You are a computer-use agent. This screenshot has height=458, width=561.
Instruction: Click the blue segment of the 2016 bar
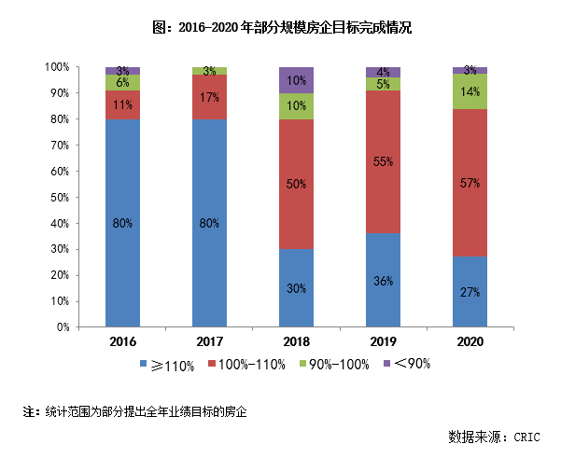coord(122,223)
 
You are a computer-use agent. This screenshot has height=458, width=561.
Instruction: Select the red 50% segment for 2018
coord(296,185)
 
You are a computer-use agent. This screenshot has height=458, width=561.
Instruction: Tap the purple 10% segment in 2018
coord(296,80)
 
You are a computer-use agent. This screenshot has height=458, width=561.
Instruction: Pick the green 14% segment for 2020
coord(470,91)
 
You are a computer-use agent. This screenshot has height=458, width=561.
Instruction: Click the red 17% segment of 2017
coord(209,97)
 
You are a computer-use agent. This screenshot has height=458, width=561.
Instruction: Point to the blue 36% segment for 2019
coord(383,280)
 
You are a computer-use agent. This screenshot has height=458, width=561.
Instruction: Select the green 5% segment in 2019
coord(383,84)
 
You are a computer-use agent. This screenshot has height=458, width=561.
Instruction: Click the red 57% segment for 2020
coord(470,183)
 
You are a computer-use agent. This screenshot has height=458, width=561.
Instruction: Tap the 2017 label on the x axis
coord(209,340)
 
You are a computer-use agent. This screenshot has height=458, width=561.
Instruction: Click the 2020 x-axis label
coord(470,340)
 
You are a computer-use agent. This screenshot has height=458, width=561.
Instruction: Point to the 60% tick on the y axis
coord(58,172)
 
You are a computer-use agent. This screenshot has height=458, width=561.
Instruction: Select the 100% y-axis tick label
coord(56,67)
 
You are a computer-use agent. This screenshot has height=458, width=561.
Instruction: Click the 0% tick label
coord(61,327)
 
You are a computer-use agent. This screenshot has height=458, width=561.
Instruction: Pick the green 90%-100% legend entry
coord(334,366)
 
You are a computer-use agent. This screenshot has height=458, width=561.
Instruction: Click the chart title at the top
coord(280,27)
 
